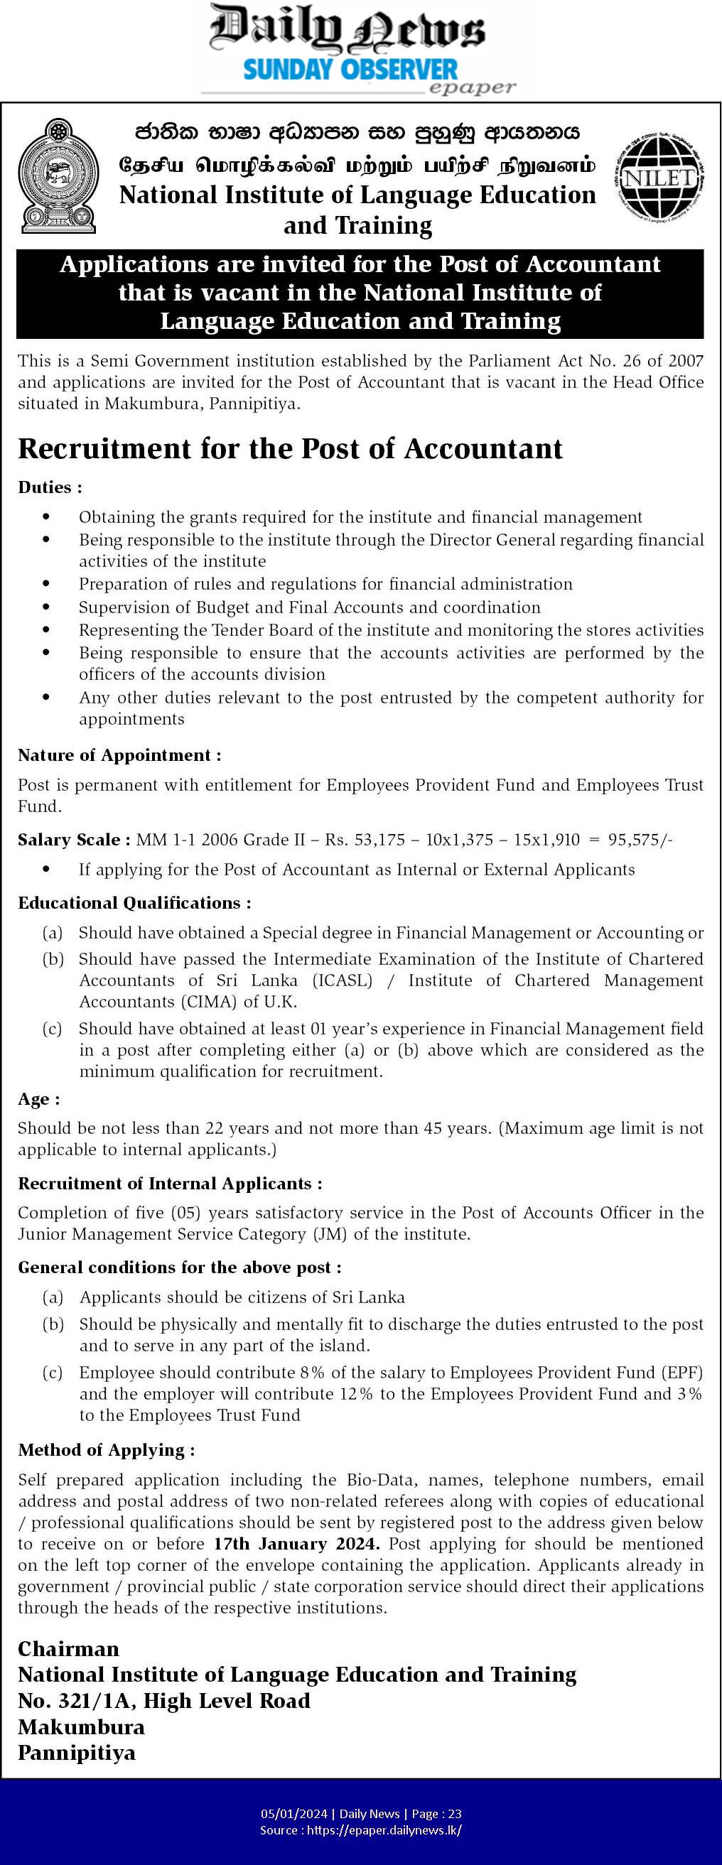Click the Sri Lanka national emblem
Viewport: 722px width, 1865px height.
58,176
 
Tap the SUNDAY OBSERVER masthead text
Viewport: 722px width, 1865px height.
350,70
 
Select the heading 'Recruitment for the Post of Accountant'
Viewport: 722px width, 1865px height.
290,449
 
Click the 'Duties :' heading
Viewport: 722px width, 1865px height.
50,487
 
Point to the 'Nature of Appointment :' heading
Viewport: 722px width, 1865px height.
119,755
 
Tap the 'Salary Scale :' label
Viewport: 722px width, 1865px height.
74,840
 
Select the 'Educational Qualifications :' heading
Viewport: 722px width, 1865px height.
135,903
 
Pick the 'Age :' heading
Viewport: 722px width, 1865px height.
39,1099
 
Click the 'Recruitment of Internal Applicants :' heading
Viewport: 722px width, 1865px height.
170,1184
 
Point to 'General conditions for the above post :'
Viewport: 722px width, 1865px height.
180,1267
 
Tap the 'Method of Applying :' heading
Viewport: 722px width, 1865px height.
107,1450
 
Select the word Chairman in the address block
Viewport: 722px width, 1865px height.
68,1648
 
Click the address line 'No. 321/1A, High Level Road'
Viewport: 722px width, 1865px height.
164,1701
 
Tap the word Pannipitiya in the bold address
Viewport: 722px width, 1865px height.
77,1753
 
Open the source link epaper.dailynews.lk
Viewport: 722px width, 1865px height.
384,1829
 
